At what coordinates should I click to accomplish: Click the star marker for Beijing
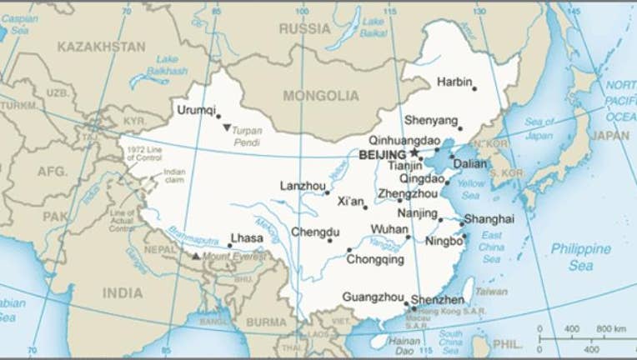(414, 153)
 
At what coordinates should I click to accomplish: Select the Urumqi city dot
(219, 117)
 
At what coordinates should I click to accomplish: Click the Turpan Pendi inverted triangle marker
(227, 127)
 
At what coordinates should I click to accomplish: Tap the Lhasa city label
(246, 238)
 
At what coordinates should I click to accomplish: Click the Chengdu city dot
(330, 241)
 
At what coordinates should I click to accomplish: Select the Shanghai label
(489, 218)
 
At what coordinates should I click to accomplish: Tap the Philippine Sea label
(579, 257)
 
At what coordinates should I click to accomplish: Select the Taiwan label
(491, 292)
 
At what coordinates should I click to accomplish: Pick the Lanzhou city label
(303, 185)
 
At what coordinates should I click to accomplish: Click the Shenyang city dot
(459, 128)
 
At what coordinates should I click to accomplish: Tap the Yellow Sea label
(470, 189)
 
